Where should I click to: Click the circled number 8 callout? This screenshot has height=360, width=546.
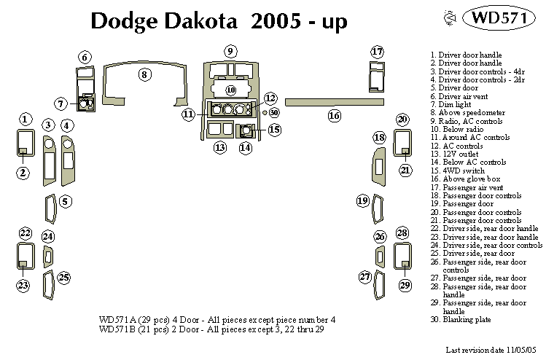coord(145,74)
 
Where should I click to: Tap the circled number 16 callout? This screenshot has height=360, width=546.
coord(335,115)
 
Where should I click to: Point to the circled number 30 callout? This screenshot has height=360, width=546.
coord(274,113)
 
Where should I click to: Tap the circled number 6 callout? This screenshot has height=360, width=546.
coord(85,57)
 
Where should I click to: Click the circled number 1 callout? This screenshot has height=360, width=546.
coord(25,120)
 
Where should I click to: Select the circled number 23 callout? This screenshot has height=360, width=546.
coord(25,285)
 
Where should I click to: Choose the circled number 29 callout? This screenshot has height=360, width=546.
coord(405,285)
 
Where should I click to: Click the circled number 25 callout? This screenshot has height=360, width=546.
coord(64,277)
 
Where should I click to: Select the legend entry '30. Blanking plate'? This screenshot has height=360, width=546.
coord(461,319)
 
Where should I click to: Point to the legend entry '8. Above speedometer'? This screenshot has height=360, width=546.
coord(467,113)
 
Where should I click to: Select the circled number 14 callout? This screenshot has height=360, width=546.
coord(246,148)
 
